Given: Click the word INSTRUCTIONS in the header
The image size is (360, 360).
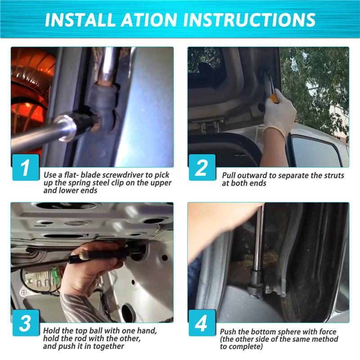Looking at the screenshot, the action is point(249,20).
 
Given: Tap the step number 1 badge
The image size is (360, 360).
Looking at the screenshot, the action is point(26,167).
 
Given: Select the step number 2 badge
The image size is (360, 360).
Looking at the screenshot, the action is point(202,167).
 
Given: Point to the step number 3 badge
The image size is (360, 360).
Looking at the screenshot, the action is point(26,323).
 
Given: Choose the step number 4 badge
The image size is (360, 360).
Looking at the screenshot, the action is point(202,323).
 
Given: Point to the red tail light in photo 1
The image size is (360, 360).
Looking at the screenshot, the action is point(31,92).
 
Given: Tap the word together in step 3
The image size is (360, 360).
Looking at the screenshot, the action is point(108,346).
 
